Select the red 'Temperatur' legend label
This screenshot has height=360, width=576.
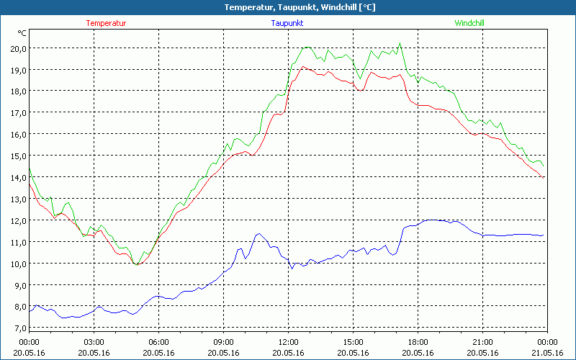click(106, 23)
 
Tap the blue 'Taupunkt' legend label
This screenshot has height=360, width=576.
click(287, 23)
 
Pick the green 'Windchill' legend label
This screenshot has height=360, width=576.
click(469, 23)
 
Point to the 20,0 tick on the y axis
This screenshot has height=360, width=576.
click(17, 48)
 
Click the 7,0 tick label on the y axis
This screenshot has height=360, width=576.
click(17, 328)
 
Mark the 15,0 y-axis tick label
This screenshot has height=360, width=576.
click(17, 156)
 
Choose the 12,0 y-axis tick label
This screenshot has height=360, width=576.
click(17, 220)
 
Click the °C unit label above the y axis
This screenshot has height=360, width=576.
click(22, 33)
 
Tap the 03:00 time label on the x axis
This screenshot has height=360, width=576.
click(94, 342)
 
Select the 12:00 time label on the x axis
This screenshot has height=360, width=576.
click(288, 342)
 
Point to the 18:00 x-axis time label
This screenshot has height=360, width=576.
click(418, 342)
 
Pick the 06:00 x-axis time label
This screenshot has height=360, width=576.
click(158, 342)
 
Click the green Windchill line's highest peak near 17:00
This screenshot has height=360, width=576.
click(400, 43)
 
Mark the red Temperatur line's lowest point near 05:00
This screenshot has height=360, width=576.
click(137, 265)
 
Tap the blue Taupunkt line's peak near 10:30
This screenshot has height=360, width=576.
click(258, 233)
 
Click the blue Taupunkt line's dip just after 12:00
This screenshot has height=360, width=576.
click(292, 268)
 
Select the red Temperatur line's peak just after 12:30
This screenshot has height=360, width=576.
click(303, 67)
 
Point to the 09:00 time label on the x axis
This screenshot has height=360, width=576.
click(223, 342)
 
